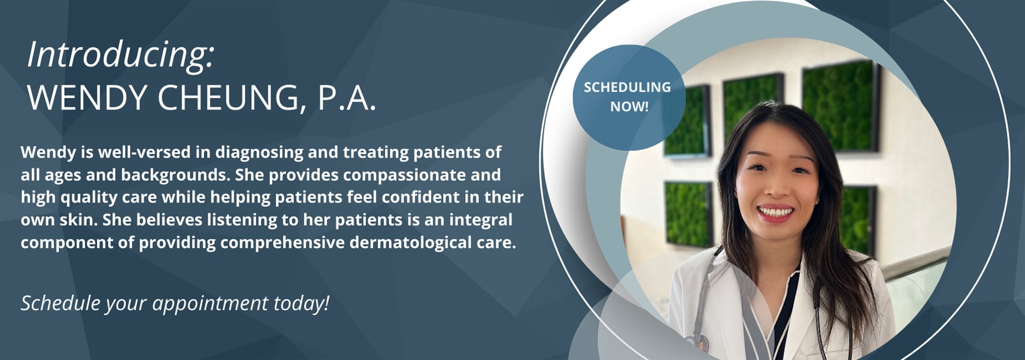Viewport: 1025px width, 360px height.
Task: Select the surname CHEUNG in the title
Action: click(232, 98)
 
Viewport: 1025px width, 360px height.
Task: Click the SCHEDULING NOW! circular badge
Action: click(629, 97)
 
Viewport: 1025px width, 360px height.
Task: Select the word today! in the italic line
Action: click(301, 303)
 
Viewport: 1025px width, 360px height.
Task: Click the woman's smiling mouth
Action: click(775, 212)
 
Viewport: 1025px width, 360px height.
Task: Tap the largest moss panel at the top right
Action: click(839, 106)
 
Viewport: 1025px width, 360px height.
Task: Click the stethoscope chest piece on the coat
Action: click(699, 341)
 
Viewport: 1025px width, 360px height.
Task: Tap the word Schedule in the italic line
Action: click(60, 303)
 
